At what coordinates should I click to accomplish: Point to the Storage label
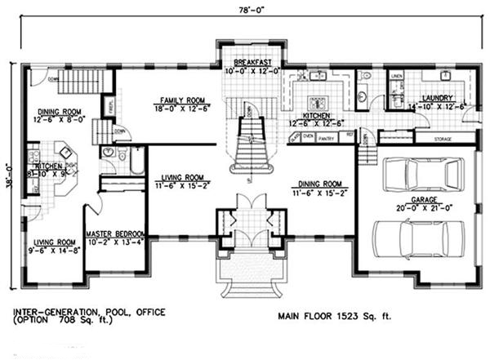pyautogui.click(x=443, y=140)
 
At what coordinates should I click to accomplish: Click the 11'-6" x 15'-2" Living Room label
pyautogui.click(x=183, y=180)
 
